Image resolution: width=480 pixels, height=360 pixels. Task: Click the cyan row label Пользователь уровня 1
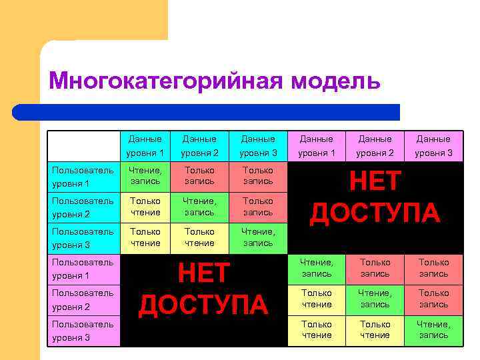point(83,177)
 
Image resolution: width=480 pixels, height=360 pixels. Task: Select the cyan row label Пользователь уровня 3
point(83,238)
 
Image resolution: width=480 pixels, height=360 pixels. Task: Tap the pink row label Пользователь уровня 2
point(83,299)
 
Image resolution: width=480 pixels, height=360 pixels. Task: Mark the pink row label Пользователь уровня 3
point(83,331)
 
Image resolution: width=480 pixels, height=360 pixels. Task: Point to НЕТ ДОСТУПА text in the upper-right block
point(375,197)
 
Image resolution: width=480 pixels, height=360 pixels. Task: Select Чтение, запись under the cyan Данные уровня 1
point(145,177)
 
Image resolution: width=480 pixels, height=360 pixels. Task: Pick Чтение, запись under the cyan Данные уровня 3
point(257,238)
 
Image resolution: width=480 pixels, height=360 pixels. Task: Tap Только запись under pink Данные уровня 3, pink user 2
point(433,299)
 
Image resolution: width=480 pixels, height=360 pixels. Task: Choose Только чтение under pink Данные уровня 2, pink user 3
point(375,330)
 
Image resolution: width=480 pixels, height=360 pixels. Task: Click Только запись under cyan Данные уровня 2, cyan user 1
point(199,177)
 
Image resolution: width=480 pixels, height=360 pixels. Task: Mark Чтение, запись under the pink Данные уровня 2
point(375,299)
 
